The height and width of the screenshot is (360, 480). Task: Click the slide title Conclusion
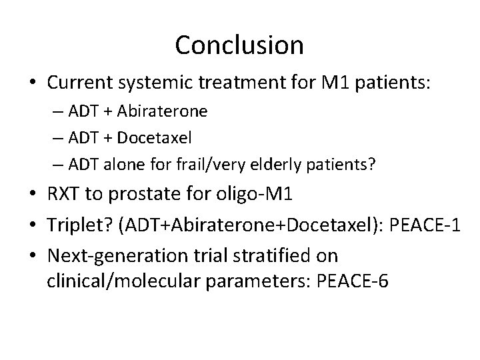coord(239,45)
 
